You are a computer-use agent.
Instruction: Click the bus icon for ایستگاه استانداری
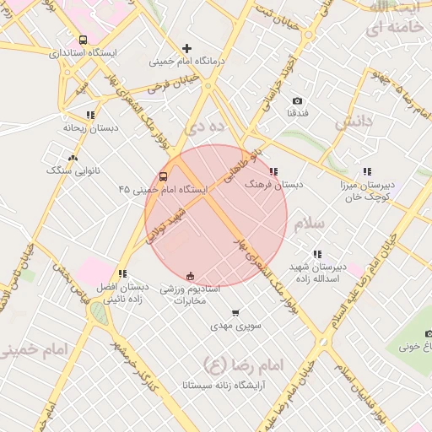click(x=83, y=40)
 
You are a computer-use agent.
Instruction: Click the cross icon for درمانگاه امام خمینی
click(x=186, y=48)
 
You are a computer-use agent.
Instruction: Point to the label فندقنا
click(x=298, y=112)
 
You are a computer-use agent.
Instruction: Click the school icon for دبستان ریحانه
click(x=89, y=116)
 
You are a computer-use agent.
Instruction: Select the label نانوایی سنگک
click(x=73, y=170)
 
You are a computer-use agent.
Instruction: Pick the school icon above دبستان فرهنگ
click(x=273, y=172)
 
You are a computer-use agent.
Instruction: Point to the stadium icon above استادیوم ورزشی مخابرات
click(x=190, y=276)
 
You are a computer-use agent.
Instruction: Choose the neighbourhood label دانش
click(x=354, y=121)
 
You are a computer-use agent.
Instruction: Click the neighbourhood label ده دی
click(x=206, y=127)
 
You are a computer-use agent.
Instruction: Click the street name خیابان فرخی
click(x=172, y=84)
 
